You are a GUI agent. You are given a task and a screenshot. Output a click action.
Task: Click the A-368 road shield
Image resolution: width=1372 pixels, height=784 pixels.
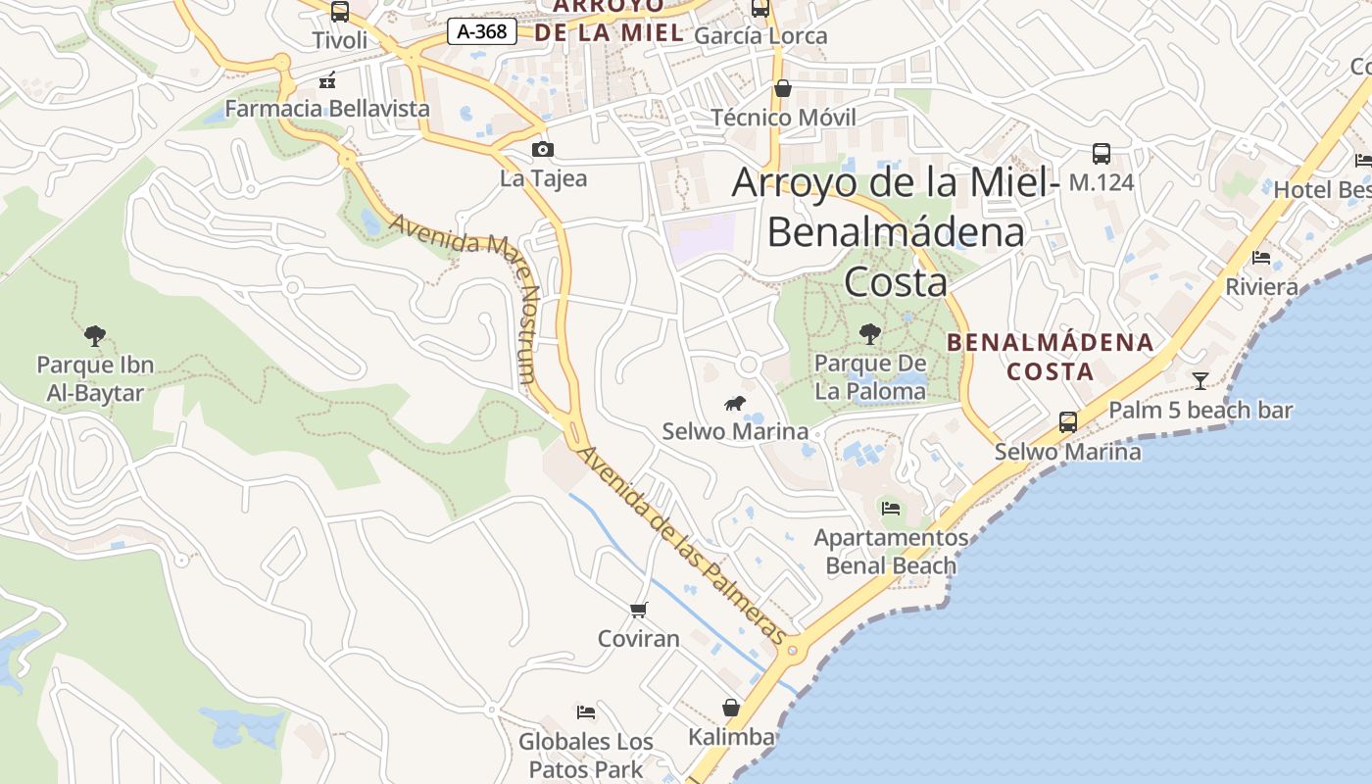click(482, 31)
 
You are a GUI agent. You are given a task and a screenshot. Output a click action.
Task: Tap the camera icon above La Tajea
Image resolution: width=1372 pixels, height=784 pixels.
click(542, 150)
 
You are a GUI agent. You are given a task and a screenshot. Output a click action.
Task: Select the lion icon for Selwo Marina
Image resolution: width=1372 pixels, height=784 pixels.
click(735, 403)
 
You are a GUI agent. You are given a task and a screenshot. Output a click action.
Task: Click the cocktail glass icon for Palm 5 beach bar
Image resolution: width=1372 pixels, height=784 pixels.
click(1200, 380)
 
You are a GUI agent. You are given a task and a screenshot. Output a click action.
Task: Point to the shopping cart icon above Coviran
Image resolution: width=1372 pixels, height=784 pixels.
click(639, 611)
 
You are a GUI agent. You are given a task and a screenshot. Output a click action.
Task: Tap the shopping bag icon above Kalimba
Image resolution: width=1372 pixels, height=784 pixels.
click(731, 708)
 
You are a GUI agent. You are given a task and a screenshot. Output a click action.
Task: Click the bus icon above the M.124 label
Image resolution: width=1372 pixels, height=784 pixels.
click(1102, 154)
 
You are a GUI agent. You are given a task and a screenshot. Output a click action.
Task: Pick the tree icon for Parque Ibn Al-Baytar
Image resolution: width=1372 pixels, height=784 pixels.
click(95, 336)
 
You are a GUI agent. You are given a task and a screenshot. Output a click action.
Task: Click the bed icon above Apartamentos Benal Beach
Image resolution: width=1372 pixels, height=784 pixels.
click(891, 508)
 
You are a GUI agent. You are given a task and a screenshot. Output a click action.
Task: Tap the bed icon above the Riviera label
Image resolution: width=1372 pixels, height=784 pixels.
click(1261, 258)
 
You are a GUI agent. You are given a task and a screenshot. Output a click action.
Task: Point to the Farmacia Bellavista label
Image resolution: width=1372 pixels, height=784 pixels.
click(327, 108)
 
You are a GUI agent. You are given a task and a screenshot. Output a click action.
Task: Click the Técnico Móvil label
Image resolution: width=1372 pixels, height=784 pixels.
click(783, 118)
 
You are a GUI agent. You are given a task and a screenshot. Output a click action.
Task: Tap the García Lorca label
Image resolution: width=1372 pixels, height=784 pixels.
click(760, 36)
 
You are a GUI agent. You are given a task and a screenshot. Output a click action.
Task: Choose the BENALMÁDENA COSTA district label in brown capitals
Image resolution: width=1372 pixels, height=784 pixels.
click(1051, 357)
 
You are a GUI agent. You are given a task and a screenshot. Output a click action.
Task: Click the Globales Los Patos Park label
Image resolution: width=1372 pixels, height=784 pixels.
click(586, 755)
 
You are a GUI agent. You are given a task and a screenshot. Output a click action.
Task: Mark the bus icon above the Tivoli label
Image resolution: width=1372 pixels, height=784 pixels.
click(340, 12)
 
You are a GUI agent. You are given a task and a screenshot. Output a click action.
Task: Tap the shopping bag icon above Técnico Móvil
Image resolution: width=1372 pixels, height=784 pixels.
click(783, 89)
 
